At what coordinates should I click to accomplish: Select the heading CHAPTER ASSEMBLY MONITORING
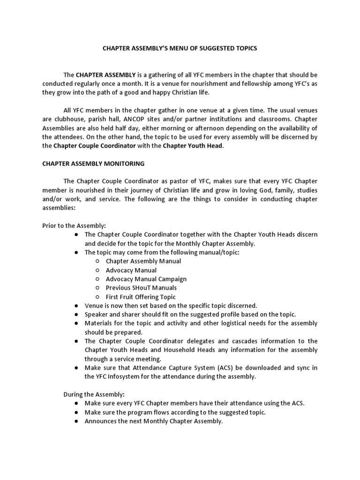pos(93,164)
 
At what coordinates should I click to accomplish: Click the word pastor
pos(170,181)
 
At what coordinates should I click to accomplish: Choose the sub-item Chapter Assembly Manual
pos(143,261)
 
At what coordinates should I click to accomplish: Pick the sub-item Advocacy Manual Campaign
pos(146,279)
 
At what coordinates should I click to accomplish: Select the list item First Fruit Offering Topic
pos(141,297)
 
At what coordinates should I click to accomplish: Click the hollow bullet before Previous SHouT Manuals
pos(97,288)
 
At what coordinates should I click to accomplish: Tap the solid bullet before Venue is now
pos(76,306)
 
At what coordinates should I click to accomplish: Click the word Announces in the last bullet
pos(100,421)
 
